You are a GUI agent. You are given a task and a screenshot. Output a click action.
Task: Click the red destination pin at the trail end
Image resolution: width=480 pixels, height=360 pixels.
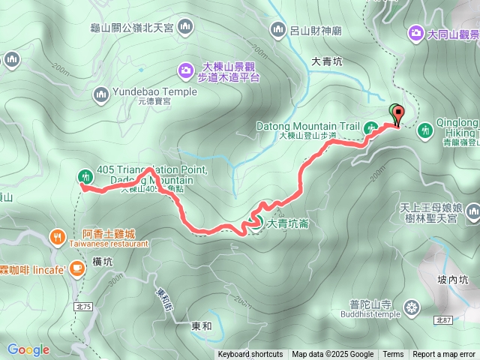coord(397,115)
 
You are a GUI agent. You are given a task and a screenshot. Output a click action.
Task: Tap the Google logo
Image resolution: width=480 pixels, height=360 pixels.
coord(28,349)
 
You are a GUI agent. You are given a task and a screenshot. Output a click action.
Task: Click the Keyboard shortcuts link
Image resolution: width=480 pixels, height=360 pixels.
coord(250,355)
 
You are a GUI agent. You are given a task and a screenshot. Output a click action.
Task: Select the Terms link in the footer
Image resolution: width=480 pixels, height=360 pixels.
coord(393,355)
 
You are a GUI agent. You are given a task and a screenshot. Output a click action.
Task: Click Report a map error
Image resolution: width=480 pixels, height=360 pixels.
coord(444,355)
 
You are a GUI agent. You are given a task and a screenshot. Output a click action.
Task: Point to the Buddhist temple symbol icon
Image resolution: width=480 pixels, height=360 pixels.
coord(411,307)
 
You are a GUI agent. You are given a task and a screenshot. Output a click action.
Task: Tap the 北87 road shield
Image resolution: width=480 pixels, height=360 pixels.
coord(443,320)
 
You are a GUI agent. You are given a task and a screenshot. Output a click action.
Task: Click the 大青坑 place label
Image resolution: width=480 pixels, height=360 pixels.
coord(327,62)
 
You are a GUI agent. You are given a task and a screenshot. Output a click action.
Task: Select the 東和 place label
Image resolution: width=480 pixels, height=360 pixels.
coord(201,326)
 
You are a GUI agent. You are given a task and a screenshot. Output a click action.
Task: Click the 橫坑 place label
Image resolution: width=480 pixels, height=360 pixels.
coord(103,261)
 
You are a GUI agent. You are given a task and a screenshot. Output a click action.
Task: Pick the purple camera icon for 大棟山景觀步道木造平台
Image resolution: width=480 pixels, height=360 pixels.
coord(185,70)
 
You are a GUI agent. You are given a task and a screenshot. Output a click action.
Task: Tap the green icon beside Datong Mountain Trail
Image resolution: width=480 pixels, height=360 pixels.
coord(370,127)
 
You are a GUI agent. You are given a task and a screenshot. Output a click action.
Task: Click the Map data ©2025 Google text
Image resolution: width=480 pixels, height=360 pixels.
coord(332,355)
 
